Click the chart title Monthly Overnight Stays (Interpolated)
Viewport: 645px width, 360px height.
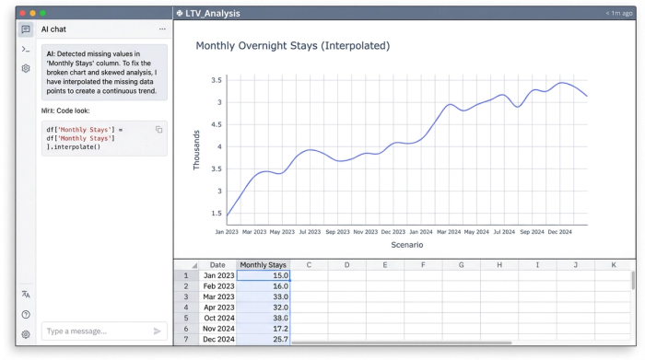292,45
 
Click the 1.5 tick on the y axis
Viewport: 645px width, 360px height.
217,214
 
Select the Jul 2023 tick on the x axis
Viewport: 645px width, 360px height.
309,232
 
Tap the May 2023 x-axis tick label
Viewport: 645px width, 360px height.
282,232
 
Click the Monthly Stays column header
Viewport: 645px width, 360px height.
264,265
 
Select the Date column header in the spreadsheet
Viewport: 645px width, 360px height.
217,265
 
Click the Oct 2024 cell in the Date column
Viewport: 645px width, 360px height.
217,317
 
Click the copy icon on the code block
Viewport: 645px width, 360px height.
158,130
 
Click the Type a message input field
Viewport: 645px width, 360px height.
92,331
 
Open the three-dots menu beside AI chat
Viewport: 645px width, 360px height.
162,29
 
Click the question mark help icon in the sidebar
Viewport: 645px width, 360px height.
26,314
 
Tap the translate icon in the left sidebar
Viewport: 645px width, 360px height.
26,294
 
